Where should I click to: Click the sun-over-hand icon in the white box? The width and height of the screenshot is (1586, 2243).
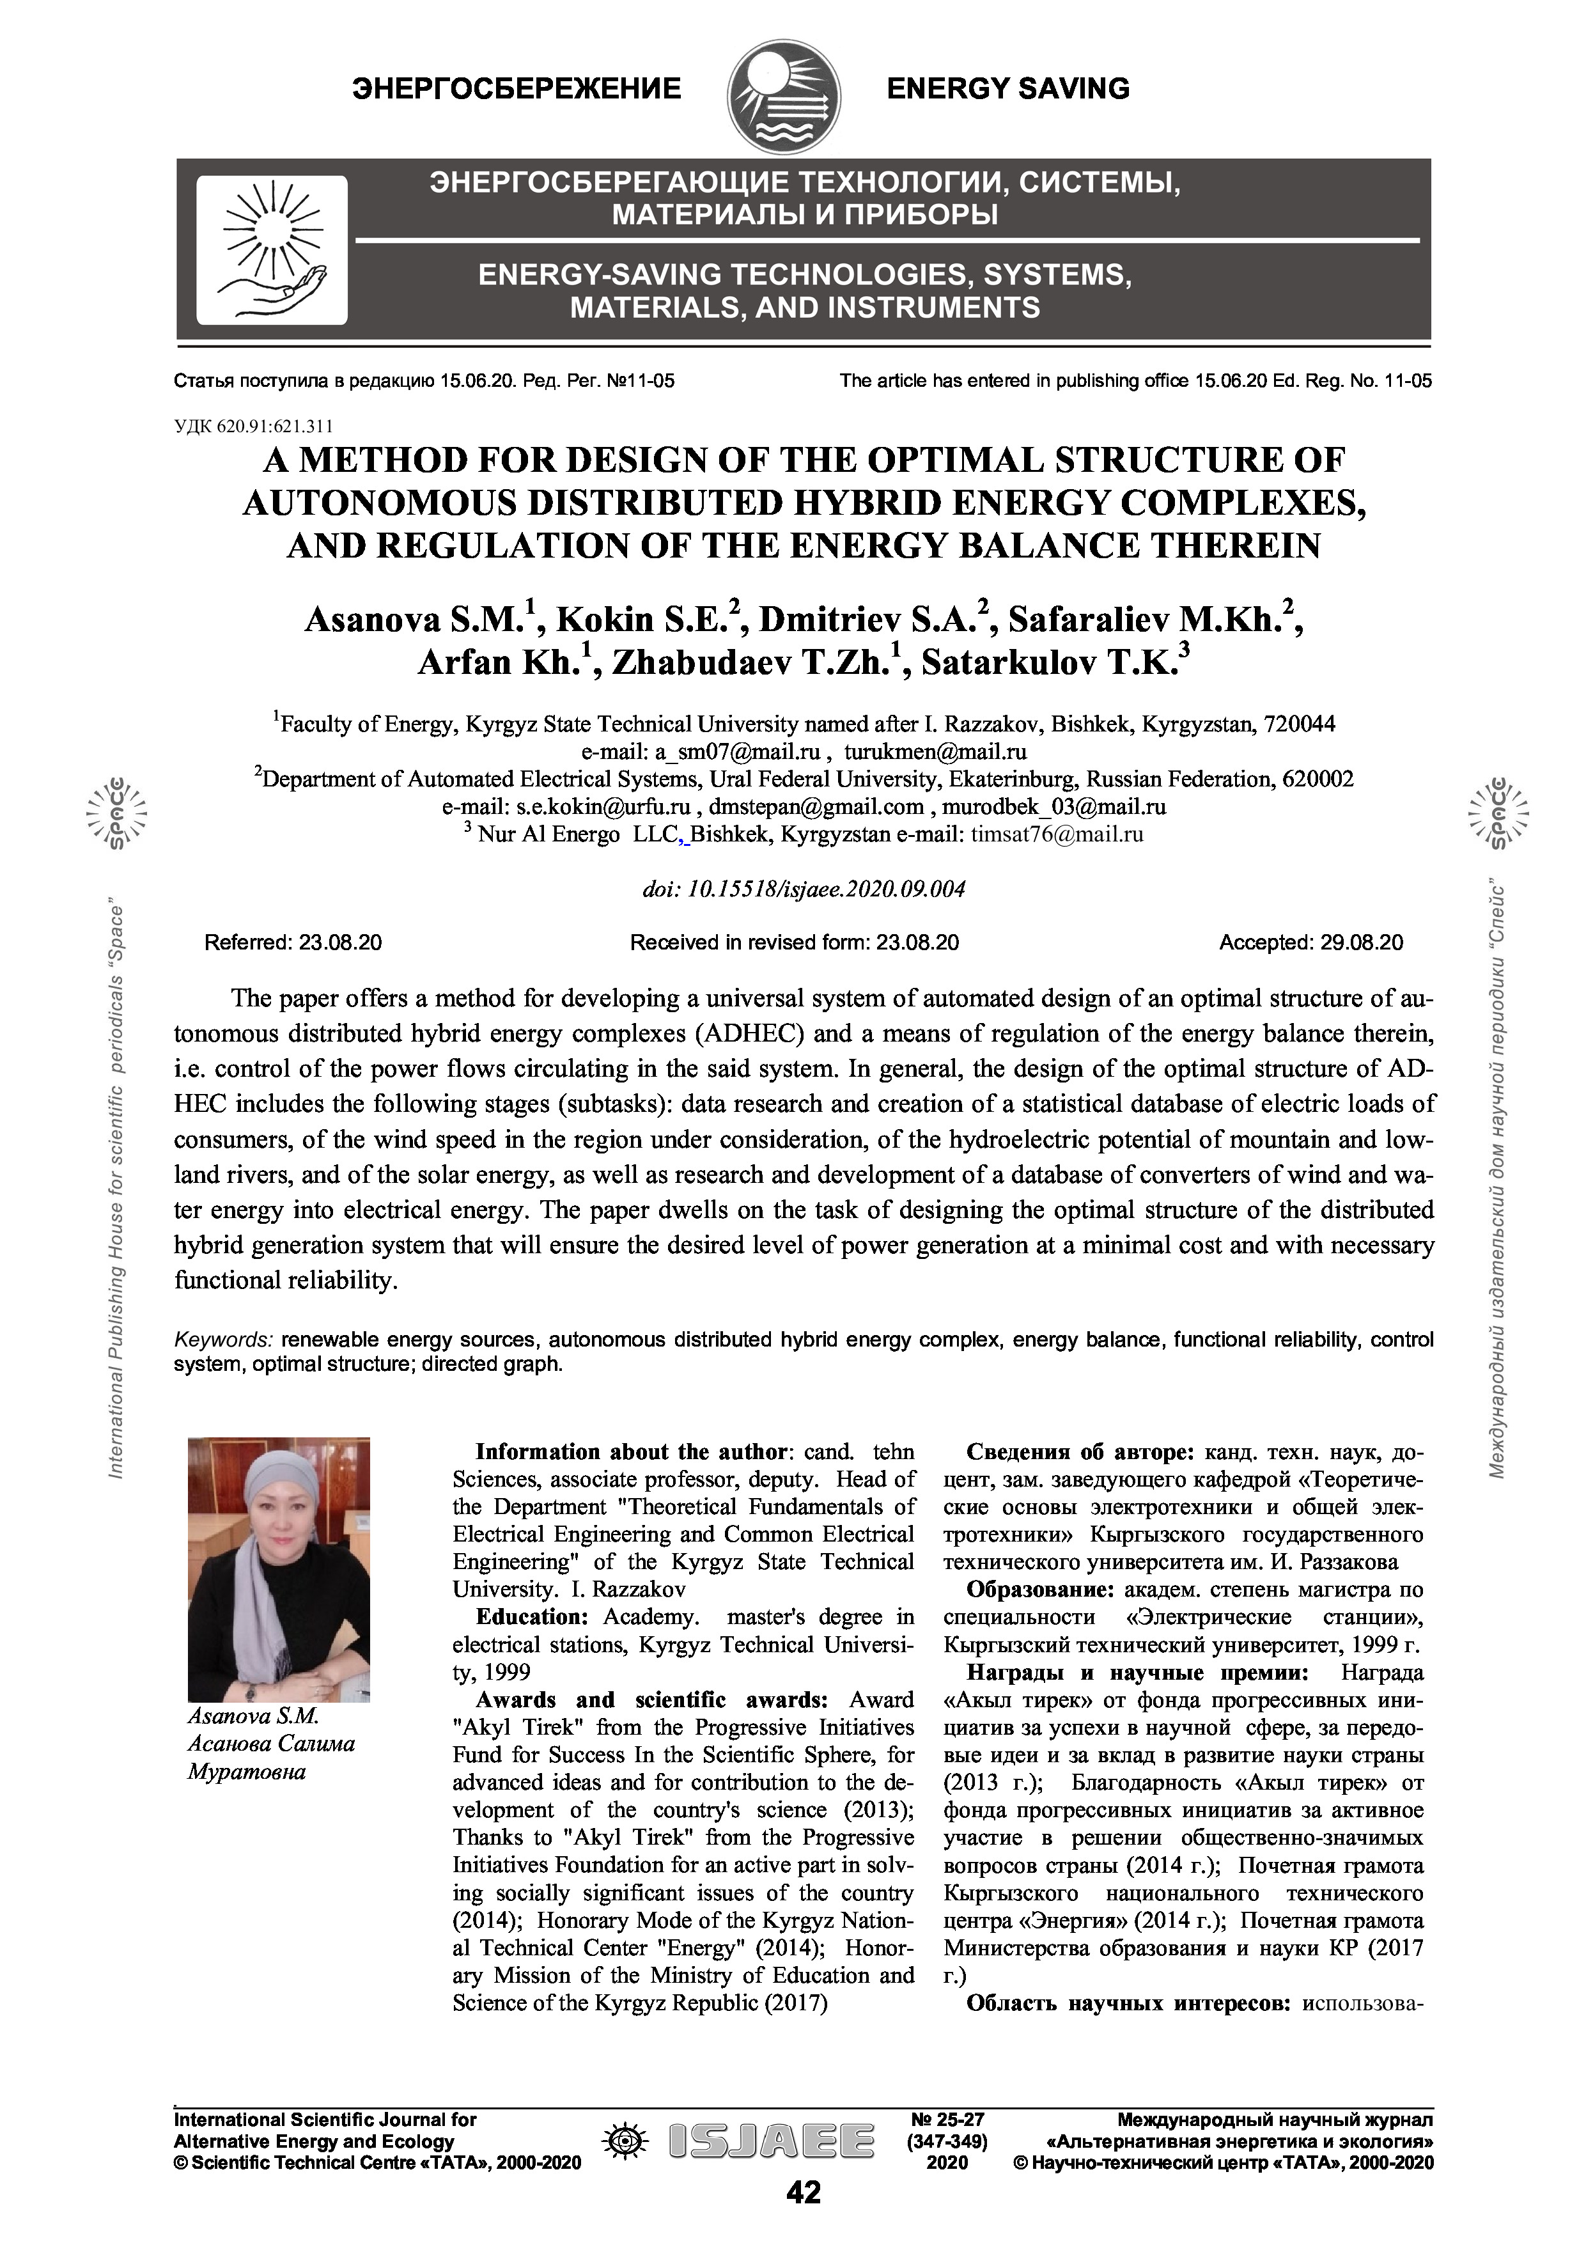point(272,249)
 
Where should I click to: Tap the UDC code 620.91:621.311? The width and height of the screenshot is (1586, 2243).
point(254,426)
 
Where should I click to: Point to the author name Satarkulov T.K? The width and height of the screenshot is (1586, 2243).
point(1053,663)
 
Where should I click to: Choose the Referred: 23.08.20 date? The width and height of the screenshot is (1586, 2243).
point(293,942)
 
